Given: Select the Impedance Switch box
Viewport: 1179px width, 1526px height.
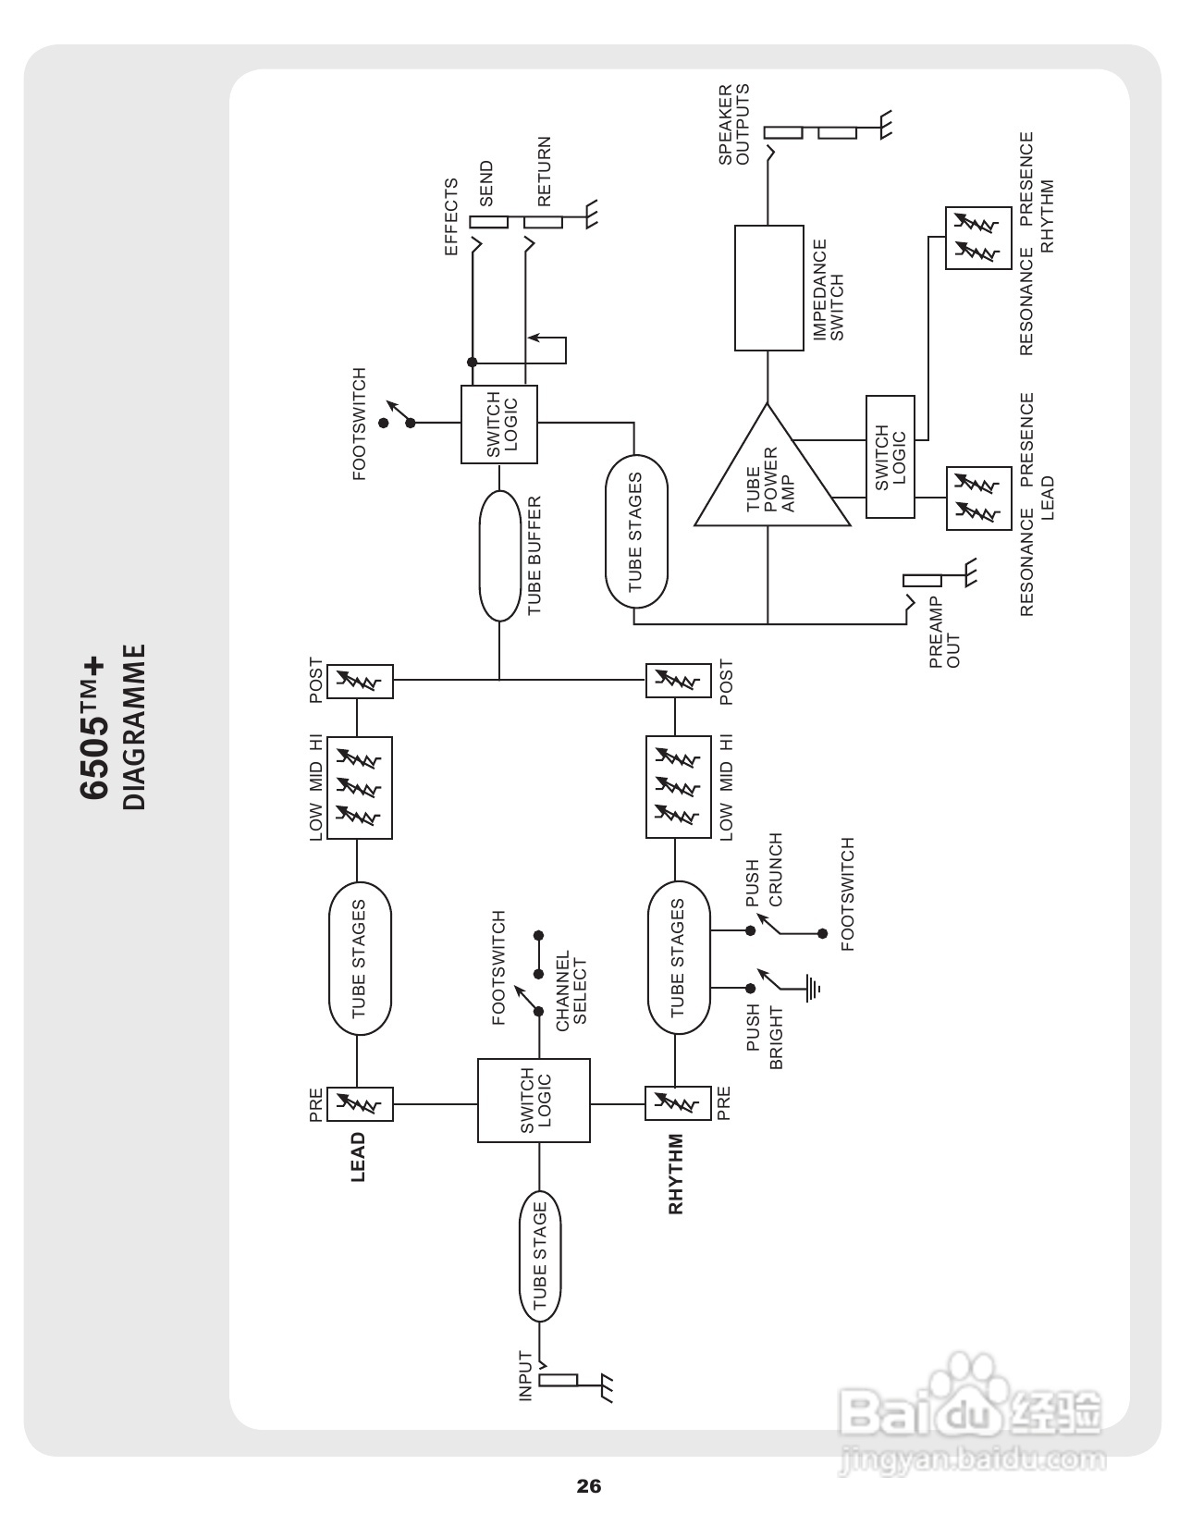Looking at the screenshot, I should [x=768, y=288].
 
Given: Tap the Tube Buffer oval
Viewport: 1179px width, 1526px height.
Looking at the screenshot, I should [x=499, y=556].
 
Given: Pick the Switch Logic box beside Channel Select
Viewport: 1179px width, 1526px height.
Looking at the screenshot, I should [x=534, y=1101].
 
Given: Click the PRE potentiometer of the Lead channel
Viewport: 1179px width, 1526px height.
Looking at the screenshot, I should [x=360, y=1103].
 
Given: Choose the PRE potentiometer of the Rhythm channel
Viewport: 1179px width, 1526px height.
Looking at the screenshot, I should [x=678, y=1103].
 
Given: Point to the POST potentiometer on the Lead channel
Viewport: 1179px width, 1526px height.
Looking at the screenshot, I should [x=360, y=682].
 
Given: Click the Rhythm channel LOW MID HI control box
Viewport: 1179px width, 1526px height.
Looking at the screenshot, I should [x=679, y=787].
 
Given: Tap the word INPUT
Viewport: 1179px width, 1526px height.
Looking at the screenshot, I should [x=525, y=1375].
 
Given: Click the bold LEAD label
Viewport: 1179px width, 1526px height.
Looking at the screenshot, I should [x=358, y=1157].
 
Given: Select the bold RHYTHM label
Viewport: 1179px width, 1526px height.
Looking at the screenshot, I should [x=676, y=1174].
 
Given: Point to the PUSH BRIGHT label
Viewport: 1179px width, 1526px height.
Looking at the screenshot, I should [x=764, y=1036].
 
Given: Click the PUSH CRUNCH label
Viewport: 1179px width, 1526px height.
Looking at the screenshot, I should [x=764, y=871].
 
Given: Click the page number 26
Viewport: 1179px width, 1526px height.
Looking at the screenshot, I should [x=588, y=1486].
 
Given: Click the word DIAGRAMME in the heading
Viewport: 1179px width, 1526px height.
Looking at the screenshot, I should [x=135, y=728].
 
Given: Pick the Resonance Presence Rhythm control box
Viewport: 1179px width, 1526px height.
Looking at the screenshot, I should [x=978, y=238].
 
